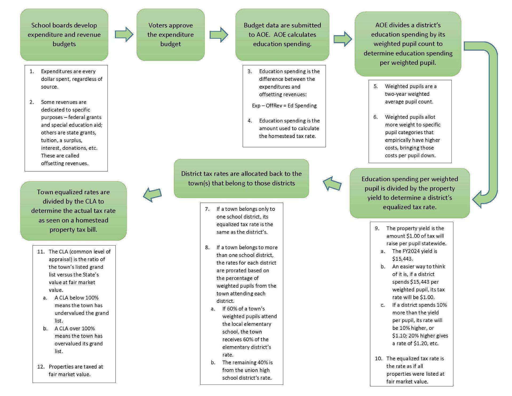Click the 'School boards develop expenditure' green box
(64, 35)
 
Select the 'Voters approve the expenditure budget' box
(171, 35)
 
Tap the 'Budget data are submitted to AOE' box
(282, 35)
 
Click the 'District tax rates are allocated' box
(241, 179)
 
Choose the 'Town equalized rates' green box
(73, 211)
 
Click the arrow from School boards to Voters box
(124, 34)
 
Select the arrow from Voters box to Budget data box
(219, 35)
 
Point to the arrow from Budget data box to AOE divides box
(343, 39)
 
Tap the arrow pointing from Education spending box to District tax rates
(332, 184)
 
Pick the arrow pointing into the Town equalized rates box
(152, 195)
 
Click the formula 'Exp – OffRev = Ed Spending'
(284, 106)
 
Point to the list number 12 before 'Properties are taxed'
(41, 367)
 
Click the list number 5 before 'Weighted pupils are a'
(375, 86)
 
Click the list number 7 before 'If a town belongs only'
(207, 209)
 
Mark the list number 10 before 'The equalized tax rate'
(378, 359)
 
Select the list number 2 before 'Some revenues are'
(32, 102)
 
